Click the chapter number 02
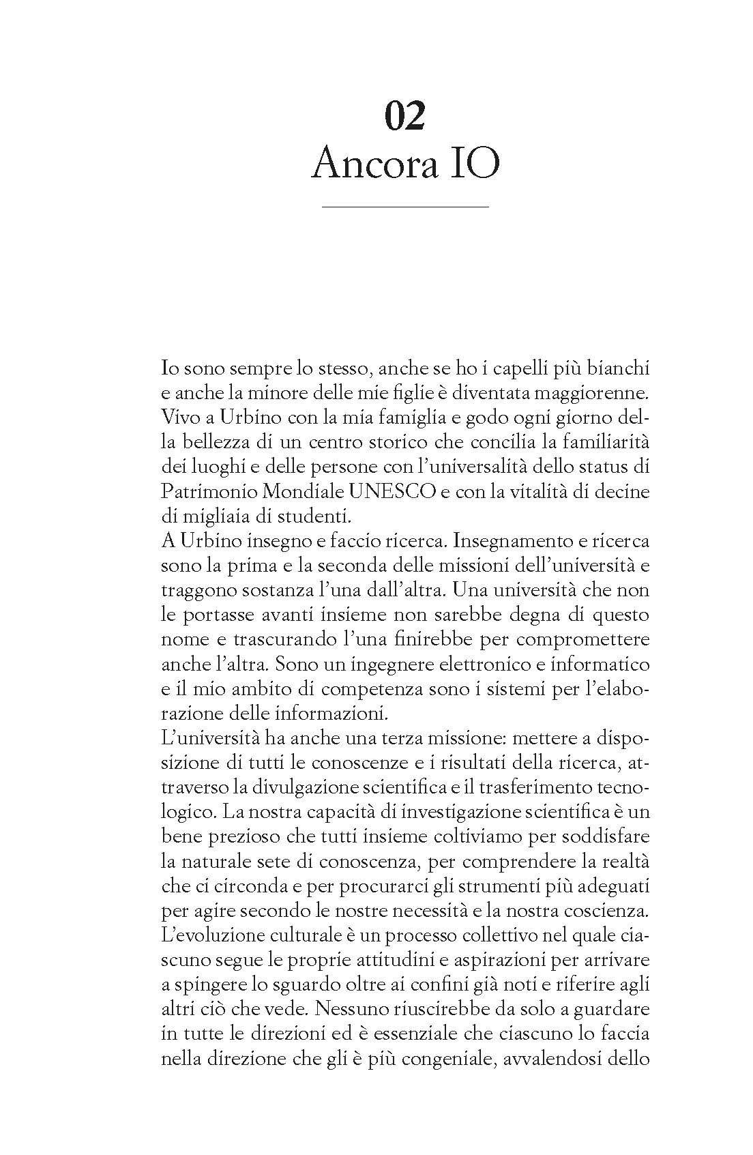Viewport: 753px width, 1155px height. click(405, 115)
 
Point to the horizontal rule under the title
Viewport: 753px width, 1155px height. click(405, 206)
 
